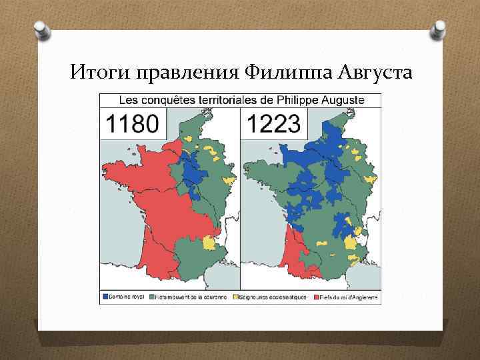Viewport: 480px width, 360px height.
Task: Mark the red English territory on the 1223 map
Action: [292, 253]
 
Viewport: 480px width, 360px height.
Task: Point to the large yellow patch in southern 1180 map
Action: [209, 241]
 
